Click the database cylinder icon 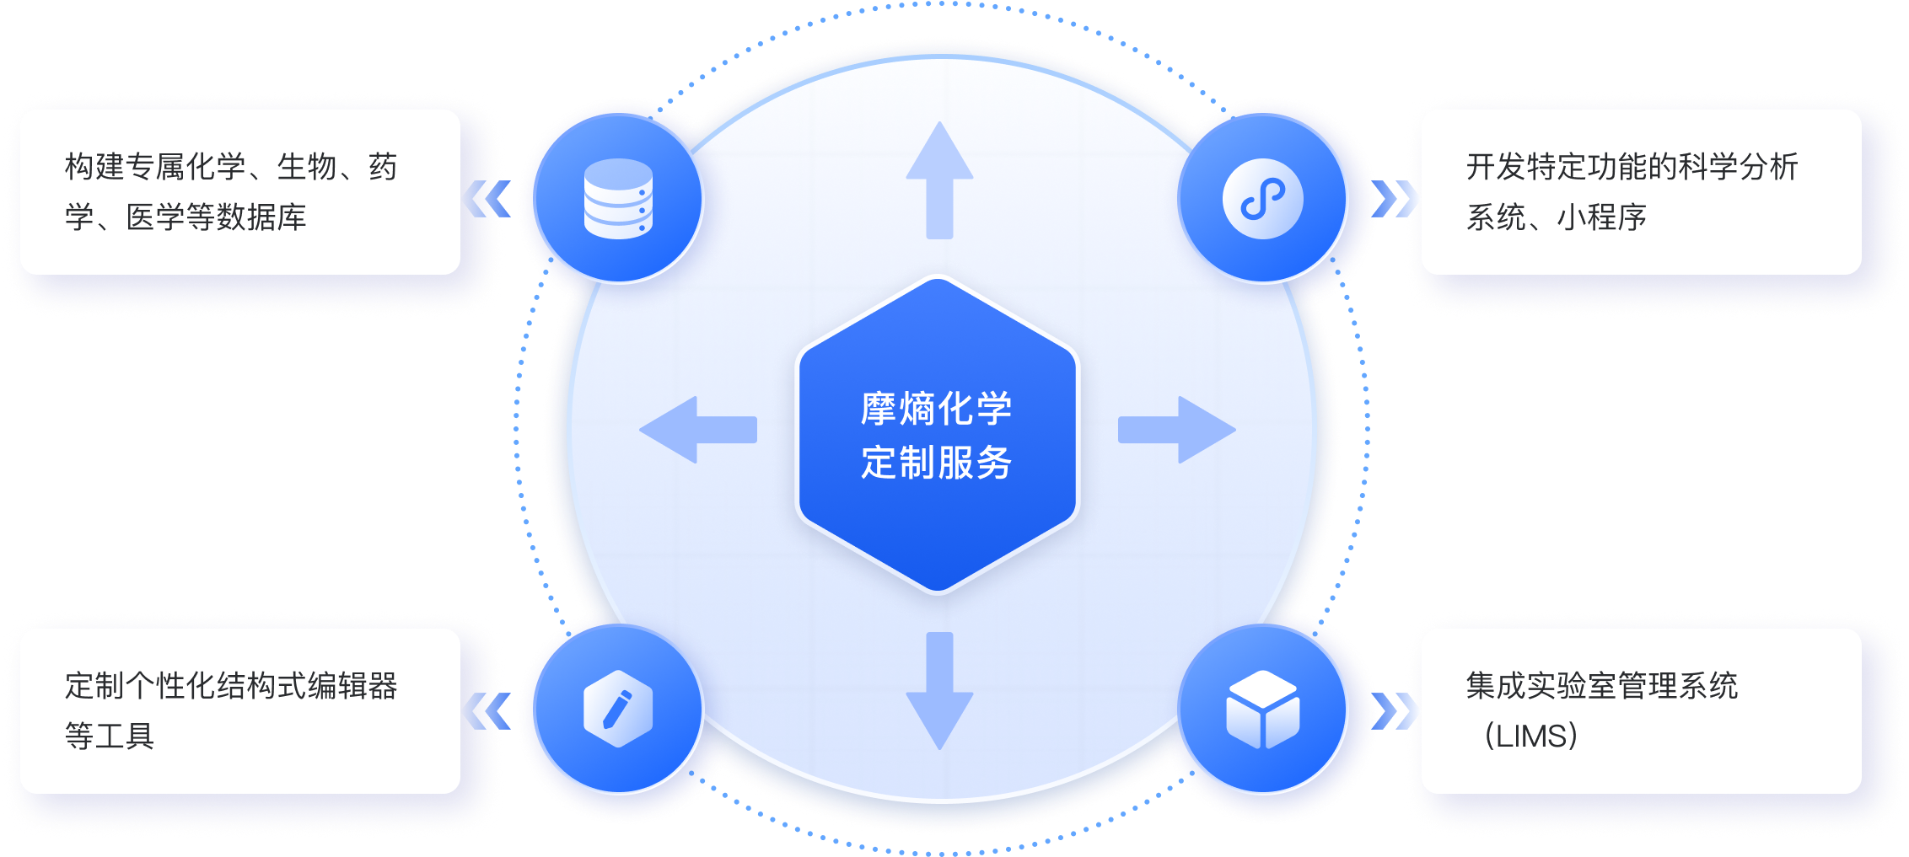click(618, 199)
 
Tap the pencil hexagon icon click(618, 709)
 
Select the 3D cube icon click(1262, 710)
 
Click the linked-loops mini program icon click(1262, 199)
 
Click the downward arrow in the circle click(939, 691)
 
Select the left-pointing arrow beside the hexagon click(697, 430)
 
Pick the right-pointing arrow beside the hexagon click(1178, 430)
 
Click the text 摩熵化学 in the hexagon click(936, 409)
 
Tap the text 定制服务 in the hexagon click(936, 463)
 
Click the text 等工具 click(110, 736)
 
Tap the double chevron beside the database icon click(486, 199)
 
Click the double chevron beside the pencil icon click(486, 710)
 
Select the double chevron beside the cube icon click(1395, 710)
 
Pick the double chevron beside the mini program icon click(1395, 199)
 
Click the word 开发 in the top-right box click(1496, 167)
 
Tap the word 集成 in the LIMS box click(1496, 686)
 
